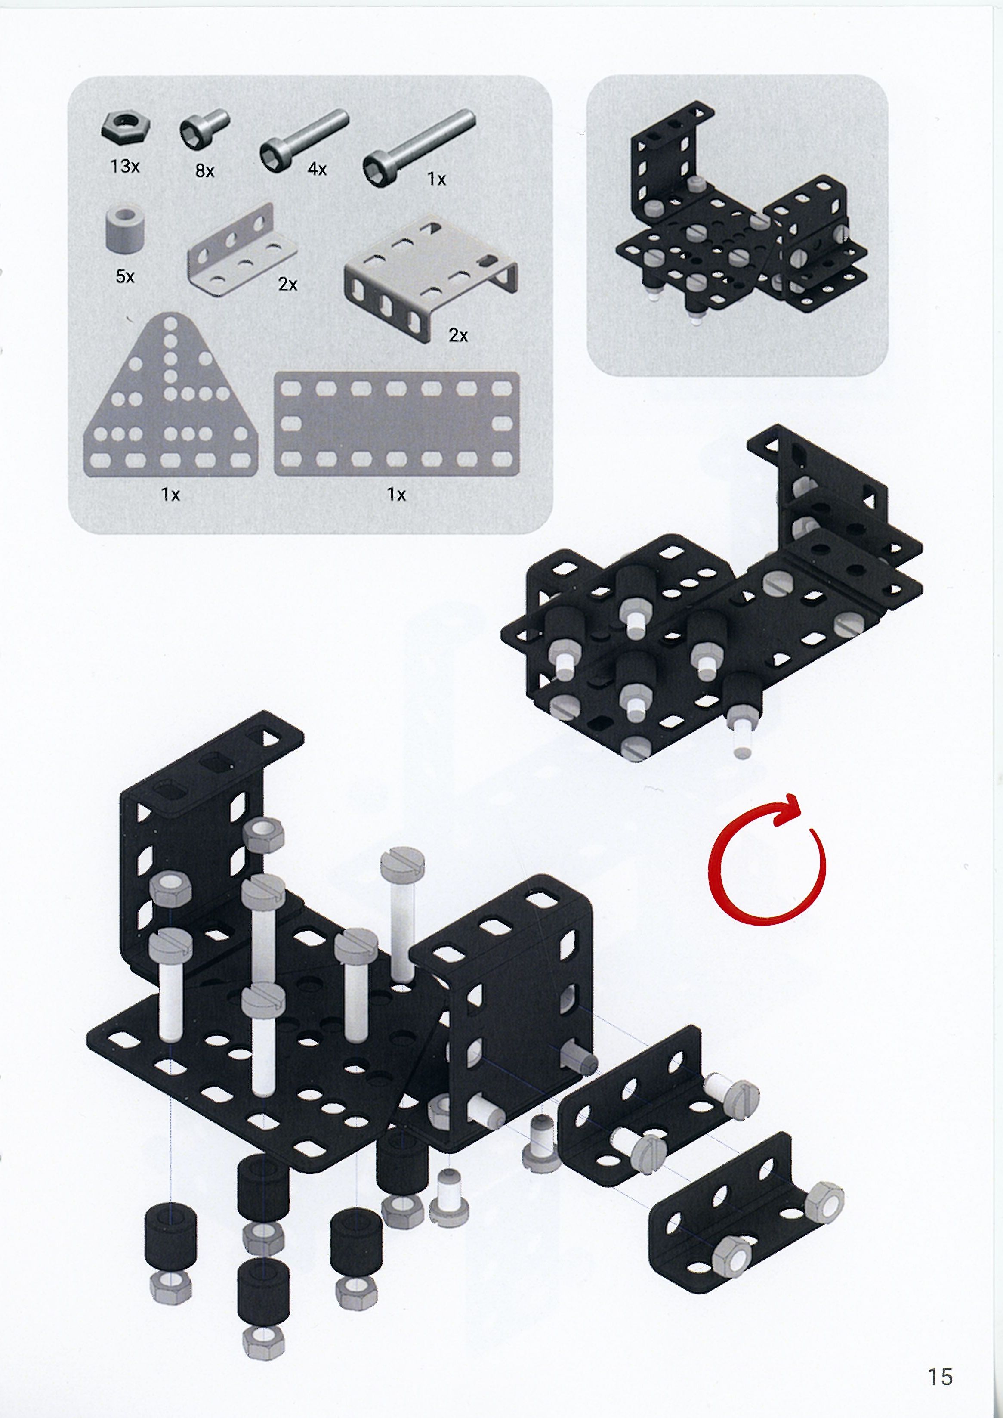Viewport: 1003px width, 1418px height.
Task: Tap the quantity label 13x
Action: click(124, 166)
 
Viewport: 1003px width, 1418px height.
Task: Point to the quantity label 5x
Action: click(125, 276)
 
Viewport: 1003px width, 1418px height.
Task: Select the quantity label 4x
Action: click(317, 168)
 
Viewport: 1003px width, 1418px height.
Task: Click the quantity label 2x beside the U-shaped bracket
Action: click(458, 335)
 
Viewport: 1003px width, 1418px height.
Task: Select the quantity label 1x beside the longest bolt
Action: click(437, 179)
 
